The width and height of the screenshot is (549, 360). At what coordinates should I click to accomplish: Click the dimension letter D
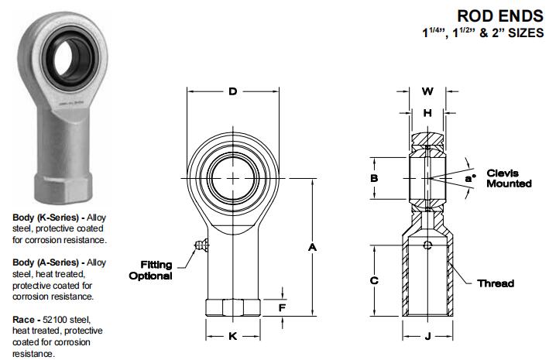pos(232,92)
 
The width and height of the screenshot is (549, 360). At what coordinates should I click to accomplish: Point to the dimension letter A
pos(313,247)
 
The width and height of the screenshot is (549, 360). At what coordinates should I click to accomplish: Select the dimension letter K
pos(232,336)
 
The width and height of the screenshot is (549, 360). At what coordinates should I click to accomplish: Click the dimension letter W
pos(427,91)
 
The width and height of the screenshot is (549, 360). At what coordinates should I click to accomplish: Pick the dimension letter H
pos(427,113)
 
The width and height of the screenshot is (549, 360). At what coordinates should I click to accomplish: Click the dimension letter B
pos(374,179)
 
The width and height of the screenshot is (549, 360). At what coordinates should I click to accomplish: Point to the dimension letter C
pos(374,280)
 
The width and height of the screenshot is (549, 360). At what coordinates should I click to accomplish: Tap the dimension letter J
pos(427,336)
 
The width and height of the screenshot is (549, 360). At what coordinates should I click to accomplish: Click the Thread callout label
pos(496,283)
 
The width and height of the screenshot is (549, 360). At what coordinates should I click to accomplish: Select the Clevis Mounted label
pos(508,179)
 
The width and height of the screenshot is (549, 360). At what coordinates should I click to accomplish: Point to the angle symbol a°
pos(469,179)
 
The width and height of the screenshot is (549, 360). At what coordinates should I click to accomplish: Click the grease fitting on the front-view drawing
pos(200,245)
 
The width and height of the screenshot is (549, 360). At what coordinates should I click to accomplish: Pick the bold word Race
pos(24,319)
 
